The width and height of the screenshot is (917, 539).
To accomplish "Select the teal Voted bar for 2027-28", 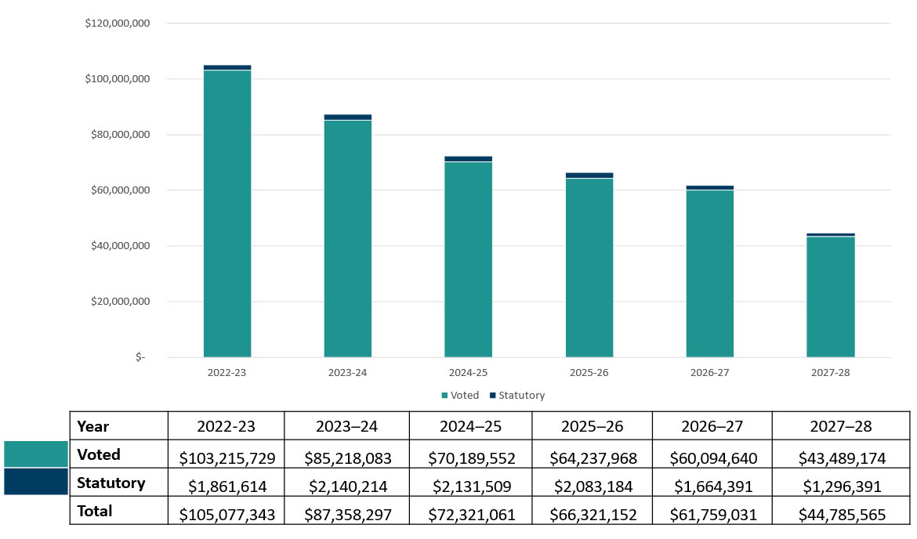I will (x=830, y=297).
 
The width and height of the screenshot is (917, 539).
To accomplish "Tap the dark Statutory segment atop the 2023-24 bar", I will (x=348, y=117).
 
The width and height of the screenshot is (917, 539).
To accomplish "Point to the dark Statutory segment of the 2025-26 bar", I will (x=589, y=175).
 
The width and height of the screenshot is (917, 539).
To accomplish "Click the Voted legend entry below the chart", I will (x=460, y=396).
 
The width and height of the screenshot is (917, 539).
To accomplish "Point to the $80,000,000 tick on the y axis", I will (x=118, y=135).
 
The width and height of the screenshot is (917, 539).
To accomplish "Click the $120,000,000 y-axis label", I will (x=118, y=24).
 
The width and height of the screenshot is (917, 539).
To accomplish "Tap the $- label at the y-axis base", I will (x=140, y=357).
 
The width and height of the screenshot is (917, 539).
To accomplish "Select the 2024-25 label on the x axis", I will (x=469, y=373).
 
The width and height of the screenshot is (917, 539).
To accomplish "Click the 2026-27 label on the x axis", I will (x=710, y=373).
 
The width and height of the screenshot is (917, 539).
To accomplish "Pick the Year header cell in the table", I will (x=92, y=426).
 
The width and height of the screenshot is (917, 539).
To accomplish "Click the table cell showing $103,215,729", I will (x=227, y=457).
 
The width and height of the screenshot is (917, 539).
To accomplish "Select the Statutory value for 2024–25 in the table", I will (x=471, y=486).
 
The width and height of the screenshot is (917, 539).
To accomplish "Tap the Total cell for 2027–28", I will (x=842, y=514).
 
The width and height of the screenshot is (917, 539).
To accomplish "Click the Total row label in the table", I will (x=94, y=512).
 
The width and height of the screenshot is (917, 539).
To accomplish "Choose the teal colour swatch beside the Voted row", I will (x=36, y=454).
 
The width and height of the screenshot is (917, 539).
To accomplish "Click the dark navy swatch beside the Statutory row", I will (x=36, y=482).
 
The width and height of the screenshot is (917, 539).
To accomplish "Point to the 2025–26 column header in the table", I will (x=593, y=426).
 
